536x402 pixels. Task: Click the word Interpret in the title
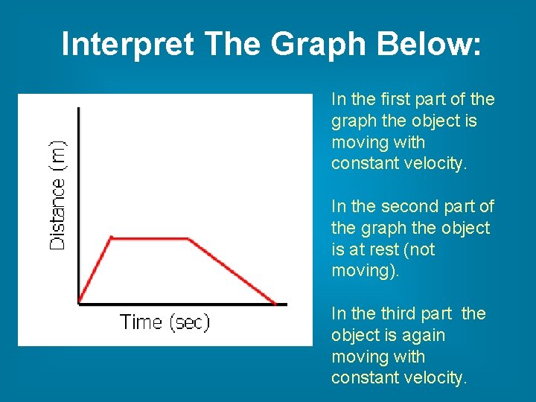(127, 44)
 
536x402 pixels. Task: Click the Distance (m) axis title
(57, 196)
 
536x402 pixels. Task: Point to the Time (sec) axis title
(165, 322)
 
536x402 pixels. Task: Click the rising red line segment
(95, 270)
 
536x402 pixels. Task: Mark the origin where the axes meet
(79, 303)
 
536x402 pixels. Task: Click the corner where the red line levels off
(111, 237)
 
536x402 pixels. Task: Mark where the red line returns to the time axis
(275, 303)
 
